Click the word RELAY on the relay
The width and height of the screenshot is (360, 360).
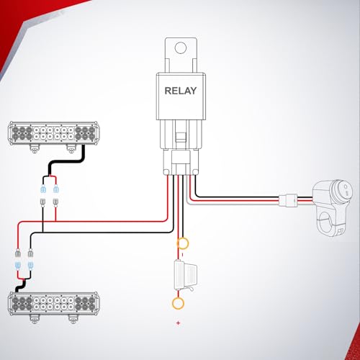point(181,91)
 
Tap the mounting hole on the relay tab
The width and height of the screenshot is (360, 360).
point(181,48)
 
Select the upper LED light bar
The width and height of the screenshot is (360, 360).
point(53,133)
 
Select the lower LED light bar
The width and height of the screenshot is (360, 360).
point(53,304)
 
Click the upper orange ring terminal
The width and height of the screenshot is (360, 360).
point(183,243)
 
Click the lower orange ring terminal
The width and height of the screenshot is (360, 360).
point(178,303)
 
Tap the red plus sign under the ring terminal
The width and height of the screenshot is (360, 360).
point(178,323)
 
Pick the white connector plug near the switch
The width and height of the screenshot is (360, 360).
point(288,200)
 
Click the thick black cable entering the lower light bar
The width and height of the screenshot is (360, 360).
point(21,286)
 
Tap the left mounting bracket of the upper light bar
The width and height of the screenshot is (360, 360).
point(35,149)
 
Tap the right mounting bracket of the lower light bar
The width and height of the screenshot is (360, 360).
point(73,319)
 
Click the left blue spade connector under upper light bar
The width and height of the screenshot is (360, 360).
point(43,189)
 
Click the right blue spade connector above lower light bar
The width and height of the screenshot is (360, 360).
point(30,266)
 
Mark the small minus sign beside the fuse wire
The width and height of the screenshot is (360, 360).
point(182,255)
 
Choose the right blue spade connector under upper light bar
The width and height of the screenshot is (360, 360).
point(55,189)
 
